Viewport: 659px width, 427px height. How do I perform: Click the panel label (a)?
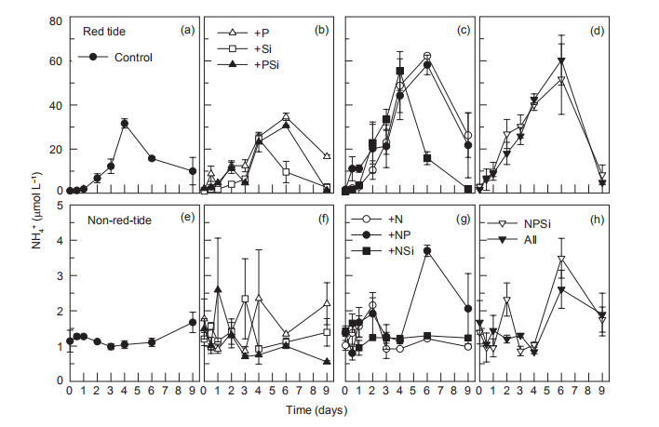[187, 30]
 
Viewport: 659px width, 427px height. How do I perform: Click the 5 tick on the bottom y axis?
[59, 206]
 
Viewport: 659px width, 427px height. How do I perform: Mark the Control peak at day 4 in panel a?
[125, 123]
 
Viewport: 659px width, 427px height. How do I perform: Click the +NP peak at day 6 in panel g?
[427, 250]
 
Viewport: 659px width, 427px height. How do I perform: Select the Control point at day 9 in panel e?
[193, 322]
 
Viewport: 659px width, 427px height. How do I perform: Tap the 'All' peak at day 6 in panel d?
[561, 61]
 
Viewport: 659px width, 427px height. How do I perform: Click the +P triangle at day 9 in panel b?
[327, 155]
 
